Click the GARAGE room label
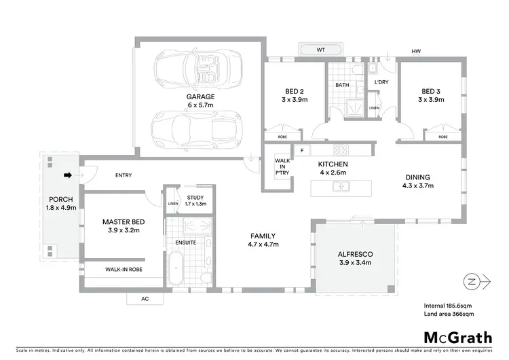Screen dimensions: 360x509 tap(200, 96)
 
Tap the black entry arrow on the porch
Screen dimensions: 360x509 tap(67, 175)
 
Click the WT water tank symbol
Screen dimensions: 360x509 tap(320, 50)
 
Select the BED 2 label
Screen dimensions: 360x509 tap(295, 91)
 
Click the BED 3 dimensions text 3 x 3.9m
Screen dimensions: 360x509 tap(432, 100)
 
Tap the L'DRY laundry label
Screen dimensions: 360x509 tap(381, 82)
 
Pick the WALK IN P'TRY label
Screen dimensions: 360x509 tap(282, 167)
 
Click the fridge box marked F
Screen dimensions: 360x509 tap(301, 150)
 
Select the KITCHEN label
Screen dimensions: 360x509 tap(333, 164)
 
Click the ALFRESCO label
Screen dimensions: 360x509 tap(356, 254)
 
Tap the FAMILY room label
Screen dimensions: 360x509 tap(263, 236)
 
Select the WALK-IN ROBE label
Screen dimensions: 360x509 tap(124, 269)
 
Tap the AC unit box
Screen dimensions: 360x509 tap(145, 298)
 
